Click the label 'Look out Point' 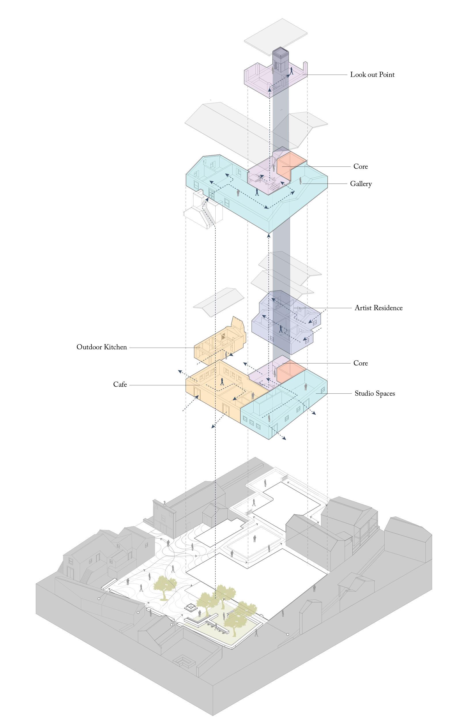(372, 75)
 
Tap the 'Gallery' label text (361, 184)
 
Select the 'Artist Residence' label (378, 308)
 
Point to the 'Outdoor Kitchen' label (102, 347)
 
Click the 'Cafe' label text (120, 384)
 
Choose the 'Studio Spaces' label (375, 393)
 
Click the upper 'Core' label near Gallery (360, 166)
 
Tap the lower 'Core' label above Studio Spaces (360, 363)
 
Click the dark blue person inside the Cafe (222, 382)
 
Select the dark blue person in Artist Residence (281, 329)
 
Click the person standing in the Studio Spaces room (306, 387)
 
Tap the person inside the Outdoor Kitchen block (226, 355)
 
